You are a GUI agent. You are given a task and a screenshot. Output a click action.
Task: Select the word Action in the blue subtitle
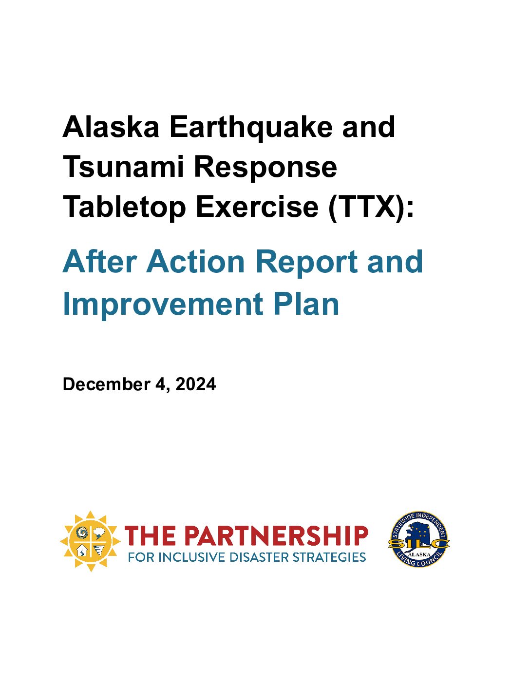[x=195, y=262]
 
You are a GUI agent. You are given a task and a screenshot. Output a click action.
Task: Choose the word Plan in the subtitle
[x=306, y=304]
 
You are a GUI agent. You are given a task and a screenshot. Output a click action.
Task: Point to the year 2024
[x=195, y=384]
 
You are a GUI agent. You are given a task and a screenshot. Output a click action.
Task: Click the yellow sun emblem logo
[x=90, y=541]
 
